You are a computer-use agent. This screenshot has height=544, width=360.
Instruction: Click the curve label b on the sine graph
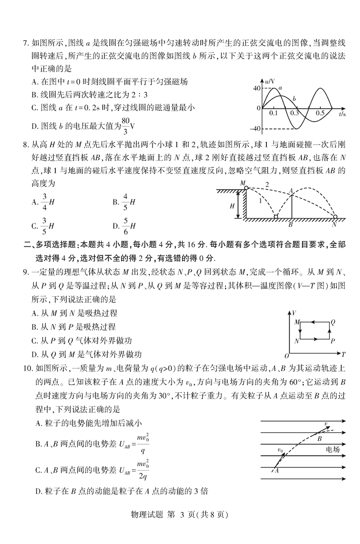click(294, 98)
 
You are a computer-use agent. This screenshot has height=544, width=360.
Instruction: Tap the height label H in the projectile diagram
click(232, 205)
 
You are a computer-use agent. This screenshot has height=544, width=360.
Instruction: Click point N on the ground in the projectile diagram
click(334, 224)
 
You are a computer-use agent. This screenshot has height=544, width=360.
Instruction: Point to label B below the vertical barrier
click(291, 224)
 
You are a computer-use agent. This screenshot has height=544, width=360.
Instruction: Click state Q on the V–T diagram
click(333, 322)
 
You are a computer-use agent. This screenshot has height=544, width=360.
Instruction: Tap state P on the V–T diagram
click(333, 341)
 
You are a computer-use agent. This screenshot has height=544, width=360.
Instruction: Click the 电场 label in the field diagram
click(332, 449)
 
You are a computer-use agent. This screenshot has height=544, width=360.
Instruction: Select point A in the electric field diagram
click(276, 471)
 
